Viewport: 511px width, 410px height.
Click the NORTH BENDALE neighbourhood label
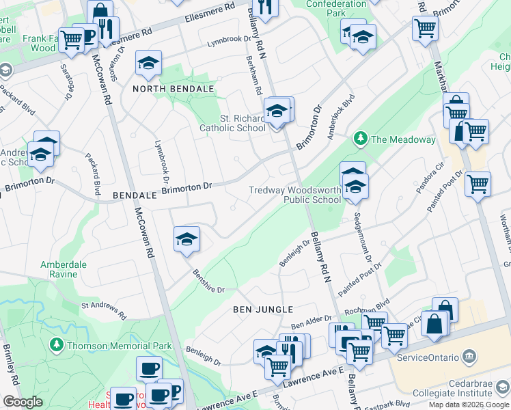pyautogui.click(x=174, y=90)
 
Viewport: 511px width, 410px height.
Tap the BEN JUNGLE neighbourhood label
pyautogui.click(x=263, y=310)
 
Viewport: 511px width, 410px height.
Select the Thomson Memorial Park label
pyautogui.click(x=120, y=346)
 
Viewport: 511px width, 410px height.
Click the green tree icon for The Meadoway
pyautogui.click(x=360, y=139)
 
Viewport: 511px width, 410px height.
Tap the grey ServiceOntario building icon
pyautogui.click(x=469, y=357)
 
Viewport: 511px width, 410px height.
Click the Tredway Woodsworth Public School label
pyautogui.click(x=294, y=195)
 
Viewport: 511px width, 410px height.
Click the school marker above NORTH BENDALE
pyautogui.click(x=148, y=64)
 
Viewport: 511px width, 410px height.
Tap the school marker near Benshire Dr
pyautogui.click(x=187, y=240)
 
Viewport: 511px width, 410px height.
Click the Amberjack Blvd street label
pyautogui.click(x=340, y=107)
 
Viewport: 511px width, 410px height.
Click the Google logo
pyautogui.click(x=23, y=401)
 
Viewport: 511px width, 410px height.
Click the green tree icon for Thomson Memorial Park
pyautogui.click(x=58, y=346)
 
